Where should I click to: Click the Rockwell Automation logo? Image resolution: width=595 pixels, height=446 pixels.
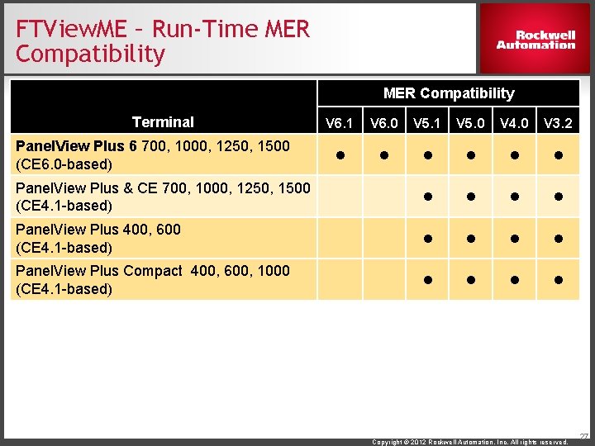pyautogui.click(x=535, y=40)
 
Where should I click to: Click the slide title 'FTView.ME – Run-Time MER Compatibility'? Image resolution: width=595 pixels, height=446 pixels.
pyautogui.click(x=162, y=42)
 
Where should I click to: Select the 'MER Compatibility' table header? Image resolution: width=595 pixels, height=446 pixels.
pyautogui.click(x=448, y=93)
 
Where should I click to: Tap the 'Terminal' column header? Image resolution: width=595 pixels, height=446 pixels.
pyautogui.click(x=163, y=122)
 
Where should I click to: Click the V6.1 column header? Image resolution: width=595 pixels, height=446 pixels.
pyautogui.click(x=339, y=124)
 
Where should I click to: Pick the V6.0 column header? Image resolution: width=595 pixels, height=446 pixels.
pyautogui.click(x=383, y=124)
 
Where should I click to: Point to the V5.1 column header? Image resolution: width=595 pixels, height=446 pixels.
pyautogui.click(x=427, y=124)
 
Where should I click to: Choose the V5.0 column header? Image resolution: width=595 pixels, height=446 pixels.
pyautogui.click(x=471, y=124)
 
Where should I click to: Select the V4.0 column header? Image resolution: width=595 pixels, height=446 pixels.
pyautogui.click(x=515, y=124)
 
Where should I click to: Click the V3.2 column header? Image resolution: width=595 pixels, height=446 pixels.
pyautogui.click(x=559, y=124)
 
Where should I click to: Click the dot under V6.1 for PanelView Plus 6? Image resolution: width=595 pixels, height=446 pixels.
pyautogui.click(x=339, y=155)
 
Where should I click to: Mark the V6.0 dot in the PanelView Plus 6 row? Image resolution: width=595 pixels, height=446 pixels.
pyautogui.click(x=383, y=155)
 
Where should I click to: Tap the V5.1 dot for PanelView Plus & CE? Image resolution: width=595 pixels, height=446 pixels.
pyautogui.click(x=427, y=197)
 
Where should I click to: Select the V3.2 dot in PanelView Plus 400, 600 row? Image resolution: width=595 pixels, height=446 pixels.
pyautogui.click(x=559, y=239)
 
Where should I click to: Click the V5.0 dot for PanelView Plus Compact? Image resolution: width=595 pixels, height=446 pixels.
pyautogui.click(x=471, y=280)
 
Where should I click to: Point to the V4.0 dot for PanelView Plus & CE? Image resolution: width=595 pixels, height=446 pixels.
pyautogui.click(x=515, y=197)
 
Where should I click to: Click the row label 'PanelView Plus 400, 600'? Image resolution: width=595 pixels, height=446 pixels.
pyautogui.click(x=98, y=238)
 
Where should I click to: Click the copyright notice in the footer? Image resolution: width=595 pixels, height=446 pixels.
pyautogui.click(x=469, y=442)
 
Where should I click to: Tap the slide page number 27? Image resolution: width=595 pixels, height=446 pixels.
pyautogui.click(x=584, y=435)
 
